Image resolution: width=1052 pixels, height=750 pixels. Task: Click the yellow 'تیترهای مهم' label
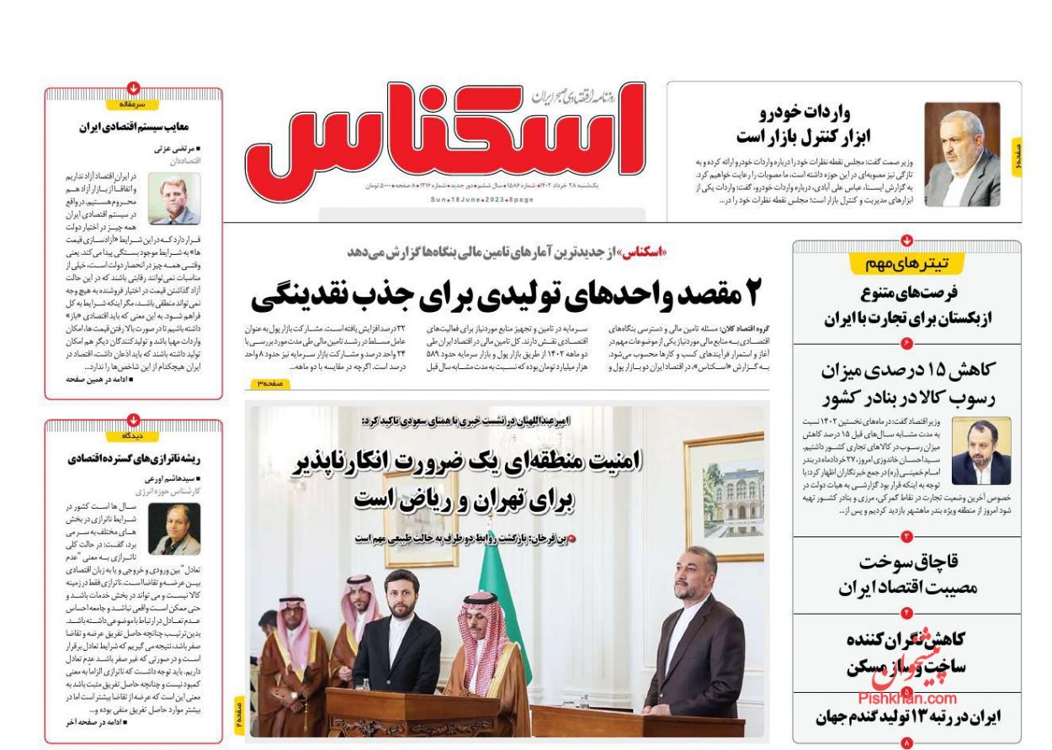[906, 264]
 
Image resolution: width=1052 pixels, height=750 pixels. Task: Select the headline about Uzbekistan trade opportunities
[908, 306]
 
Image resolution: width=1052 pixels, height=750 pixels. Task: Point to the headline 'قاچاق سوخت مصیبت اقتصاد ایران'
[907, 575]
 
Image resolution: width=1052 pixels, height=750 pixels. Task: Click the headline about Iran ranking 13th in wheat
[908, 717]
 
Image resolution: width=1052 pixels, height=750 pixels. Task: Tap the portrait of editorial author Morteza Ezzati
[174, 198]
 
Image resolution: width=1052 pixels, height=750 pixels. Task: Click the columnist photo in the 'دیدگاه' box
[174, 529]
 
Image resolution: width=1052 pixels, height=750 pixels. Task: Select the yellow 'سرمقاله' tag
[134, 105]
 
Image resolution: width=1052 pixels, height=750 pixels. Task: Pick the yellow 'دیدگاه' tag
[134, 436]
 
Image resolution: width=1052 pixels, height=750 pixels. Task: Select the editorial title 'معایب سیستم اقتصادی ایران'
[133, 127]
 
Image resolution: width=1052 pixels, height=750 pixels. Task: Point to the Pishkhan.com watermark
[907, 698]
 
